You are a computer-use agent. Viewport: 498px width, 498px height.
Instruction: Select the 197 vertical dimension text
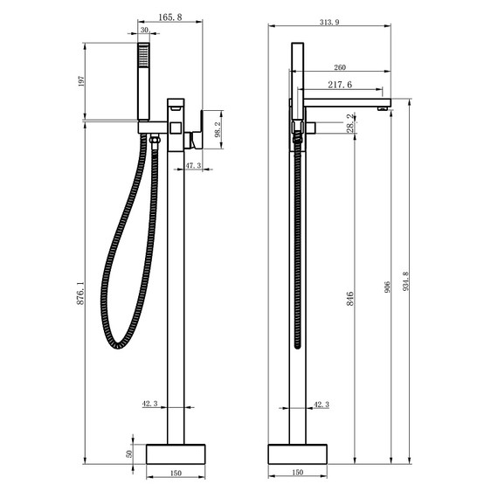point(81,81)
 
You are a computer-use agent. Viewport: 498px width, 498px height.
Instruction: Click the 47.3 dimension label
point(193,164)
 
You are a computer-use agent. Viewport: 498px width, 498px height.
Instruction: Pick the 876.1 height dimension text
point(81,293)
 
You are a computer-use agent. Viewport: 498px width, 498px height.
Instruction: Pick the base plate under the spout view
point(297,453)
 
